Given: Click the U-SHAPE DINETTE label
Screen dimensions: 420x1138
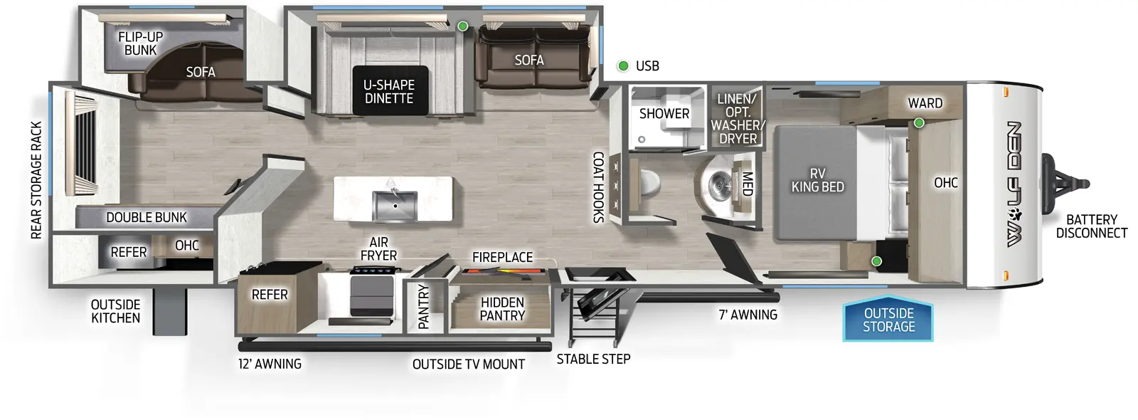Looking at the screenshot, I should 389,92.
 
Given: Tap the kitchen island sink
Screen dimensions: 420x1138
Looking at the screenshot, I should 394,206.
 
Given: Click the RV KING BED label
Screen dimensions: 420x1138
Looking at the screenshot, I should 817,180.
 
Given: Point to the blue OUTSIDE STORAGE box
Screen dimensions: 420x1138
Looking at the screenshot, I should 888,320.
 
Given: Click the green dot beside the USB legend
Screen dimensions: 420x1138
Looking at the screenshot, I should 623,66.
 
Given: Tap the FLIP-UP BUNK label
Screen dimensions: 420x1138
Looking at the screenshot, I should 140,43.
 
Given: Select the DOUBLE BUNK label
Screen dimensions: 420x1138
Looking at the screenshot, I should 147,217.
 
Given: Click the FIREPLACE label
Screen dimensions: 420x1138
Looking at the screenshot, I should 502,257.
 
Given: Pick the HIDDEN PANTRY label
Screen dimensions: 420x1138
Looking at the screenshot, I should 502,309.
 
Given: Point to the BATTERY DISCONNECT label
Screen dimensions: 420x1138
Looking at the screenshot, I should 1091,226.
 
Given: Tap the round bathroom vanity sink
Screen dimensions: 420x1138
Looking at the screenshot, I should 720,186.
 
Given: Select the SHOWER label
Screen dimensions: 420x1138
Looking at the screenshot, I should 664,114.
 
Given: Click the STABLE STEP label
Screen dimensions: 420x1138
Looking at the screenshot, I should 593,359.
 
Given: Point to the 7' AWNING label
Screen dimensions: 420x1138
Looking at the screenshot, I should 748,315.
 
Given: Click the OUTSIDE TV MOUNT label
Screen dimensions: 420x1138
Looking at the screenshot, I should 468,364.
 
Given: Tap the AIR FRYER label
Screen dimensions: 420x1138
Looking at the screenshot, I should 378,249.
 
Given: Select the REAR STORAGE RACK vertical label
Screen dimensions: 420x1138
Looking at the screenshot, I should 37,180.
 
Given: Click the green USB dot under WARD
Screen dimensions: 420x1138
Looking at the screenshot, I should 919,123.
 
